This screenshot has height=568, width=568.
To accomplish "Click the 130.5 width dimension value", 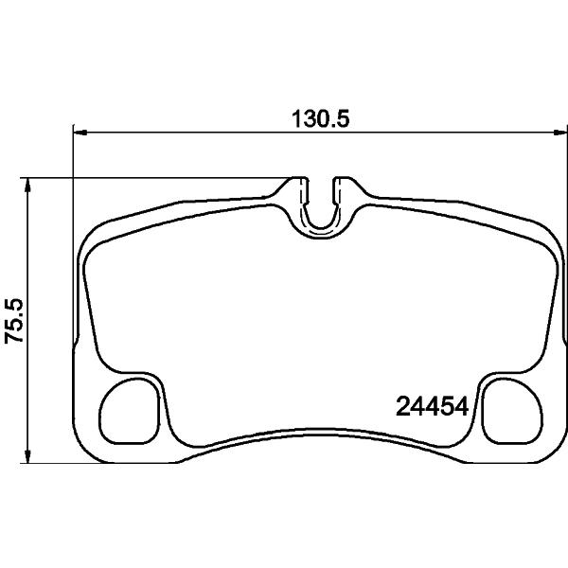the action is point(321,119).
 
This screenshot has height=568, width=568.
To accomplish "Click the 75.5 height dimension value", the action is point(14,321).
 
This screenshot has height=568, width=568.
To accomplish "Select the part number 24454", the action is point(433,406).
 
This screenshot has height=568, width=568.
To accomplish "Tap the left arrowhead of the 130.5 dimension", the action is point(80,133).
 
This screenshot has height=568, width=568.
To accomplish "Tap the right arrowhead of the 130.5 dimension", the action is point(560,133).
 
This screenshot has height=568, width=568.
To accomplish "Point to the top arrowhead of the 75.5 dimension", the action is point(27,186).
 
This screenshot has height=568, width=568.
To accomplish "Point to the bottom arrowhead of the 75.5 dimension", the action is point(27,455).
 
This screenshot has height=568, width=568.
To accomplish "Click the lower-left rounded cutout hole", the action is point(129,411).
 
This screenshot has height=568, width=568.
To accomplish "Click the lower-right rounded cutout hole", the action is point(512,411).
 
